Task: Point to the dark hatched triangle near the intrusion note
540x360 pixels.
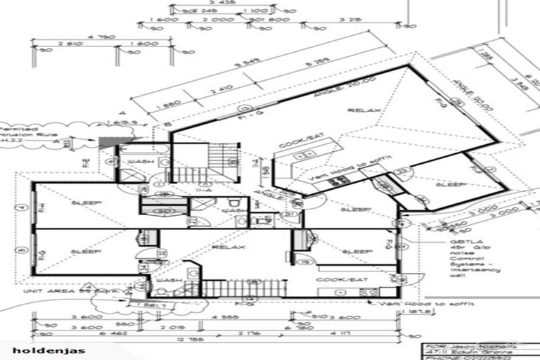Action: click(108, 142)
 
